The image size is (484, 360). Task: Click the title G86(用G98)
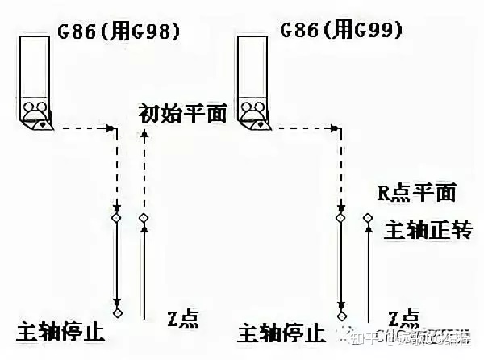tap(118, 32)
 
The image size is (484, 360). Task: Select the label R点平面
tap(416, 193)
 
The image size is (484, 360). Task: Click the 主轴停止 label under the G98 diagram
tap(60, 331)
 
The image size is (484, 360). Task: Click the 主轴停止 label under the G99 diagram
tap(282, 332)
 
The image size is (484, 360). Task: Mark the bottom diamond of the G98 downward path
tap(118, 312)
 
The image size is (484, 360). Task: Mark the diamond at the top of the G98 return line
tap(144, 218)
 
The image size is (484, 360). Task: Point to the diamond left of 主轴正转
tap(367, 217)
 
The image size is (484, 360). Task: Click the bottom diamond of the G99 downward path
tap(340, 312)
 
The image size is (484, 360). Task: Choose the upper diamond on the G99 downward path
tap(340, 218)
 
